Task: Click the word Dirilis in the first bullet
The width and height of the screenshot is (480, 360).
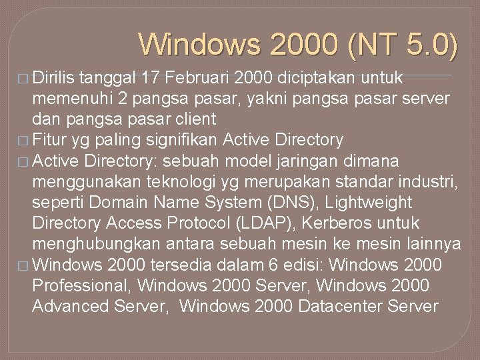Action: pos(53,78)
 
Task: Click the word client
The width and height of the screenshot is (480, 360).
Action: pos(193,119)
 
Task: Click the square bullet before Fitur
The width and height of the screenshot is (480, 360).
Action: pos(23,141)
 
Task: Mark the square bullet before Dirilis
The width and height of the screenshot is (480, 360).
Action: pos(23,79)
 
